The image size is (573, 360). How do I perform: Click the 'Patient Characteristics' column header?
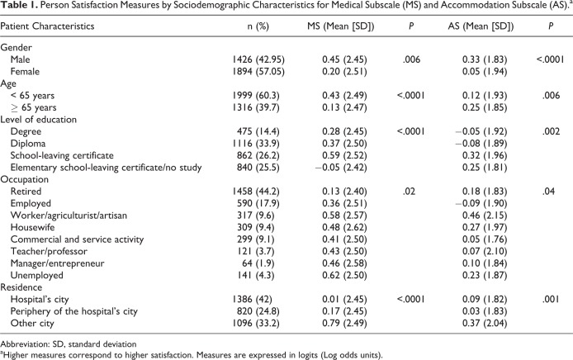pos(47,26)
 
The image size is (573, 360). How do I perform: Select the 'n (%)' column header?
pos(258,26)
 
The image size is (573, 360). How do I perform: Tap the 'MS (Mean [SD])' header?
pos(341,26)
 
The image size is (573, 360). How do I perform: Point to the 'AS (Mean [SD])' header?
pos(481,26)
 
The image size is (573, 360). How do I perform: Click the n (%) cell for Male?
pos(258,59)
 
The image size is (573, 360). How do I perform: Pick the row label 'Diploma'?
pos(28,144)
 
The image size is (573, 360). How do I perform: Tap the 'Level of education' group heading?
pos(38,120)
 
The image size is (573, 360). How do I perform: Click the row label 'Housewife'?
pos(32,227)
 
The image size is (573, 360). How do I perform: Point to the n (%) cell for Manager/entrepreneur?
pos(258,263)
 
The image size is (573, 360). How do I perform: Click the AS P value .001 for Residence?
pos(551,300)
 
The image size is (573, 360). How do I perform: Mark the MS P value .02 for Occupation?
pos(409,192)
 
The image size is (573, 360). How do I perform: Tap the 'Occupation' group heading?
pos(25,180)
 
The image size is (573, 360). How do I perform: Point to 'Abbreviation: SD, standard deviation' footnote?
pos(69,344)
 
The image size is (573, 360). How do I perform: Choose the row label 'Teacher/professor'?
pos(49,252)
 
